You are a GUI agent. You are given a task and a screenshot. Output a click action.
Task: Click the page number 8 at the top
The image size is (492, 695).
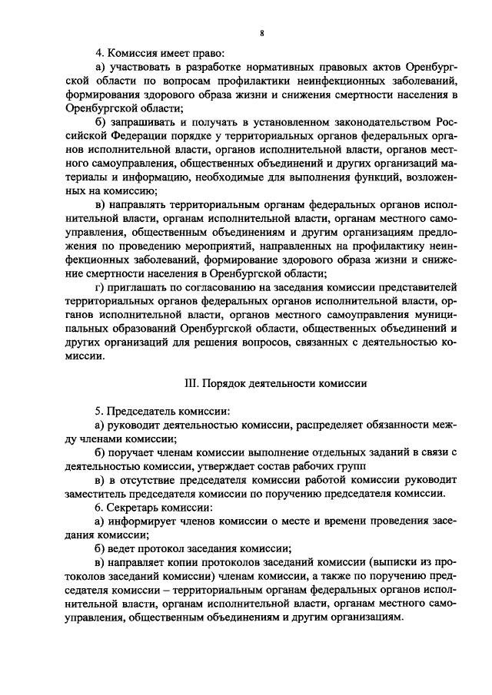(x=262, y=34)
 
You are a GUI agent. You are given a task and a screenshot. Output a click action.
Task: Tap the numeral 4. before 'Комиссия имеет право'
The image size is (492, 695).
(x=99, y=55)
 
